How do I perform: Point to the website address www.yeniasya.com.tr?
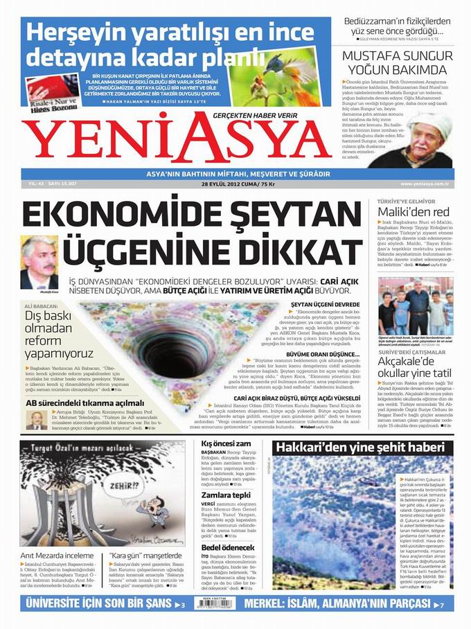(425, 184)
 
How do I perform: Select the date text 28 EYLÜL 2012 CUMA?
(222, 184)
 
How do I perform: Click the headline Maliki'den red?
(414, 212)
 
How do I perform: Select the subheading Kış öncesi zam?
(225, 443)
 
